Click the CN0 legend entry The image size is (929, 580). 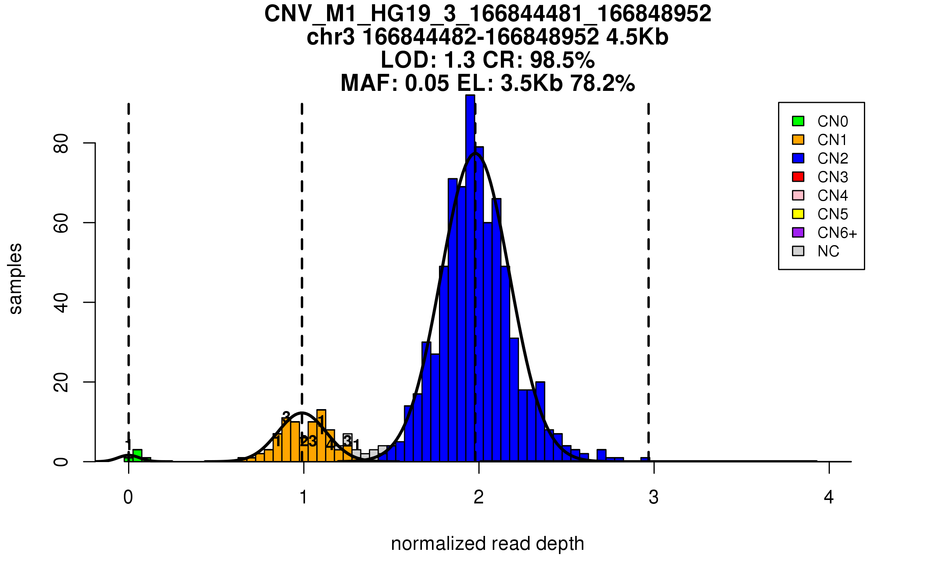point(832,121)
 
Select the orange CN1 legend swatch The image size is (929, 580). point(798,140)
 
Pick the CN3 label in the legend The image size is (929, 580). point(832,177)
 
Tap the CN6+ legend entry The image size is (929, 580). point(837,233)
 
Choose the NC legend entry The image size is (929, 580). point(828,251)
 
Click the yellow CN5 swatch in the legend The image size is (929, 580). point(798,214)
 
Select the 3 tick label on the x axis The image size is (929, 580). point(654,497)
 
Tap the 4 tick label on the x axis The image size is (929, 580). point(829,497)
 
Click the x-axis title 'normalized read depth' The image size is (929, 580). point(487,544)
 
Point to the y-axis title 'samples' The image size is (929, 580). point(15,278)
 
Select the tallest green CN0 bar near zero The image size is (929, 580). point(137,455)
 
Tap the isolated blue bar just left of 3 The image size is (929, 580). point(645,459)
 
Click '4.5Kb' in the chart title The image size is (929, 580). point(637,37)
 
